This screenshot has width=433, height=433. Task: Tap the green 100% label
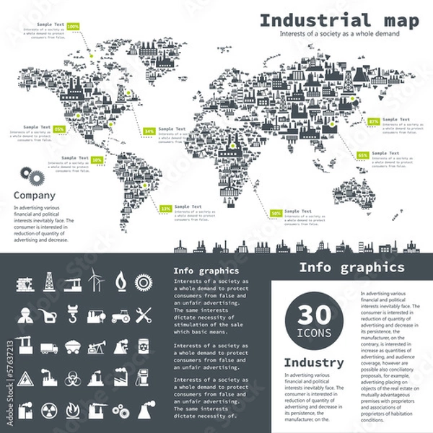74,27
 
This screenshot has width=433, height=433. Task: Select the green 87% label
373,121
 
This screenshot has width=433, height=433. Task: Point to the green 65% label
362,155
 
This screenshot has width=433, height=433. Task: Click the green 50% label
276,213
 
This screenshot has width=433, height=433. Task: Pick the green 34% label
149,131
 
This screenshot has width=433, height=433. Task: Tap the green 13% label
165,209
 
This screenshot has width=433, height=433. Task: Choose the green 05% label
59,129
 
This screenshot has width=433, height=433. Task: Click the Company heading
34,195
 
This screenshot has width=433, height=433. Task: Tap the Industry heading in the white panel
313,362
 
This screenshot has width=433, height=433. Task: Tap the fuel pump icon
143,377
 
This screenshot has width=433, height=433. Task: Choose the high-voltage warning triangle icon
24,378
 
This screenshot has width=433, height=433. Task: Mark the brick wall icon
24,281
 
